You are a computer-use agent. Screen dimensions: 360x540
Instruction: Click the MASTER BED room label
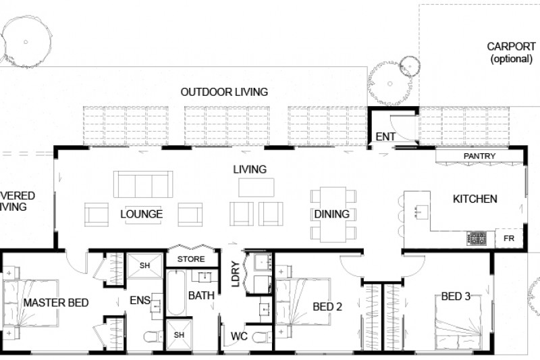pos(56,303)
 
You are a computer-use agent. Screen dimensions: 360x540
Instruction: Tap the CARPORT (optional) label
pos(511,53)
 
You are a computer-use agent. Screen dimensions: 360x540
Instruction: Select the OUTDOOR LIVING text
pos(224,92)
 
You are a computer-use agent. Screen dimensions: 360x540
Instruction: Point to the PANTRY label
pos(479,156)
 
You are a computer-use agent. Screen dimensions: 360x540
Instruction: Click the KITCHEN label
pos(475,199)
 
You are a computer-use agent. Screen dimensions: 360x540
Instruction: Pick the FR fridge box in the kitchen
pos(508,238)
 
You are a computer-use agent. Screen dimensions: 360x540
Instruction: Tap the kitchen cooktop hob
pos(477,238)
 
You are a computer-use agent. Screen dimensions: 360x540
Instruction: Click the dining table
pos(331,214)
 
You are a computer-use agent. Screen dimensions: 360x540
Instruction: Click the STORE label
pos(190,259)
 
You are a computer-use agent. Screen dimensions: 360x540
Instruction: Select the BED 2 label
pos(327,306)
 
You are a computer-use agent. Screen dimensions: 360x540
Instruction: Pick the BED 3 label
pos(456,296)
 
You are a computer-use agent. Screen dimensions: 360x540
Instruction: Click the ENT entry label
pos(385,137)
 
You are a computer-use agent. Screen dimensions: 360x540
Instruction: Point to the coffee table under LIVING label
pos(256,186)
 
